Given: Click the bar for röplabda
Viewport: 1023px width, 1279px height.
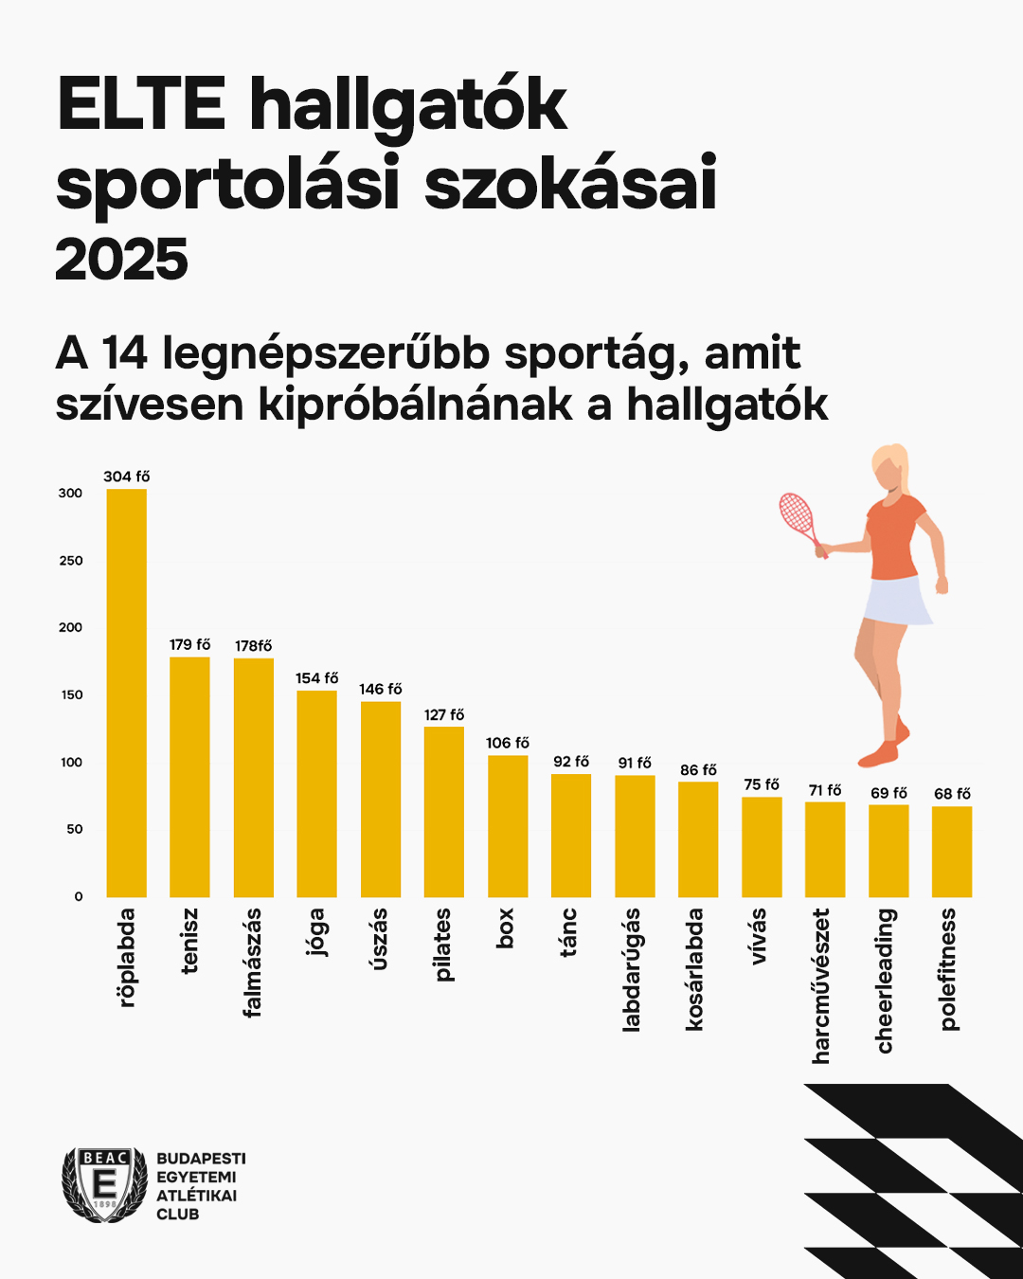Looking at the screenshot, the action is tap(127, 693).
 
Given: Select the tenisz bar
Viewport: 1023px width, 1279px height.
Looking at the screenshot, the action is tap(189, 777).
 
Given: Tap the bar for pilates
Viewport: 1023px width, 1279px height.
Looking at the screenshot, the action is tap(444, 812).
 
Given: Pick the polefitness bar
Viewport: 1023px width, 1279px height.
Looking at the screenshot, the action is tap(952, 852).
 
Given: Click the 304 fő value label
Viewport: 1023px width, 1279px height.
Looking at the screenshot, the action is tap(127, 476).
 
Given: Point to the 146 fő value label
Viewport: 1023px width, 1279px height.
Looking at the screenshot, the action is tap(381, 689).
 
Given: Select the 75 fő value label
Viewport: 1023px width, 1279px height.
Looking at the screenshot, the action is tap(762, 784).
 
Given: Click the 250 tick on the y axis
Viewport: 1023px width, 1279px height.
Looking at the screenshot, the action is tap(71, 561).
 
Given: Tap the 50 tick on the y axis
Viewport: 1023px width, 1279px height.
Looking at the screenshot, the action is tap(75, 829).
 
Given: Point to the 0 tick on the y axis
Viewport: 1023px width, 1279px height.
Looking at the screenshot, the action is tap(79, 896).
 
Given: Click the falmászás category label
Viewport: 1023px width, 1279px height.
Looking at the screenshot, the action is tap(253, 963).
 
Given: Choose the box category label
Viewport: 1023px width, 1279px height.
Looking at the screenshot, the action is tap(504, 928).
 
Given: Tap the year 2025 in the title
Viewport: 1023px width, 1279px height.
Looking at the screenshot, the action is tap(122, 260).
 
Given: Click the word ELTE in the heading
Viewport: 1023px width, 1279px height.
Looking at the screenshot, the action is tap(141, 103).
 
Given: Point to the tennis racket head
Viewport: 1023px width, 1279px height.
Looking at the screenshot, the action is tap(797, 513).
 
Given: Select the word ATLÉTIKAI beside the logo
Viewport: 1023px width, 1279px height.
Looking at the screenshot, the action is tap(196, 1196).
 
